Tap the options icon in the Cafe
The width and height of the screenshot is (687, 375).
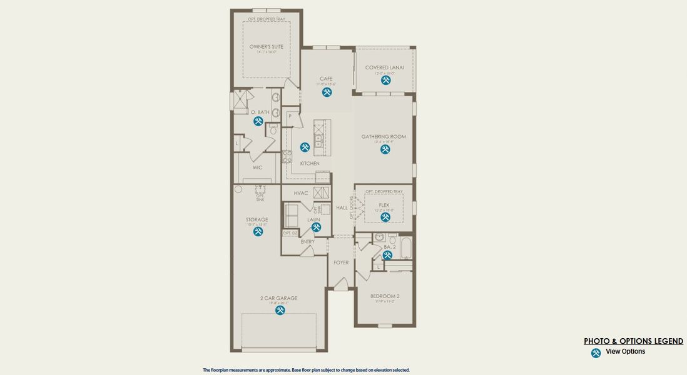(x=327, y=92)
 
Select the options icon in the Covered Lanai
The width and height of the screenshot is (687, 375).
(x=385, y=80)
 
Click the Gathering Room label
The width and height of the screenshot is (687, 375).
(x=384, y=137)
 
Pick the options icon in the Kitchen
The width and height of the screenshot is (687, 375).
(x=305, y=147)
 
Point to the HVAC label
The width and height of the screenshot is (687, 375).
(x=301, y=193)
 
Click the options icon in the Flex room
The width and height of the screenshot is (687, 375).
(x=385, y=217)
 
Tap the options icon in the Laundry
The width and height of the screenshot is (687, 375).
(x=316, y=227)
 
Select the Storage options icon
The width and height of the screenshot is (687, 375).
(x=258, y=232)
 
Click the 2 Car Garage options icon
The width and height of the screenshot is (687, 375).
(x=280, y=310)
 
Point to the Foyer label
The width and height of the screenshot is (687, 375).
(x=341, y=262)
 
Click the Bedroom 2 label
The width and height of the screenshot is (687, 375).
(x=385, y=296)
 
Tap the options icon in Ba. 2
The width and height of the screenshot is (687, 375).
(x=388, y=255)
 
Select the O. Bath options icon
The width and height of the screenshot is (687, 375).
(x=258, y=121)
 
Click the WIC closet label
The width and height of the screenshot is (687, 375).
(x=257, y=167)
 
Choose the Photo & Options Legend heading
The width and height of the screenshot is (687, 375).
(x=633, y=341)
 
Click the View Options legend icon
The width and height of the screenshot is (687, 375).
(x=596, y=353)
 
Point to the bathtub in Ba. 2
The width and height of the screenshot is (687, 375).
(x=405, y=247)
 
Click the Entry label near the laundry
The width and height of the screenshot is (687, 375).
(x=307, y=242)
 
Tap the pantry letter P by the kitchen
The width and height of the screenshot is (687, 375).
(x=290, y=116)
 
